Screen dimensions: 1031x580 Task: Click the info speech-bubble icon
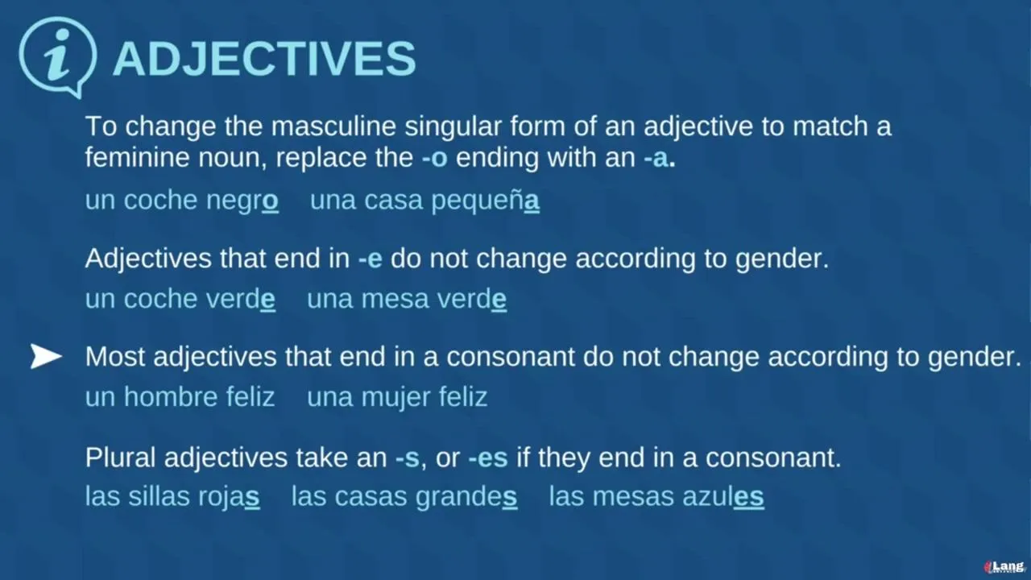point(58,56)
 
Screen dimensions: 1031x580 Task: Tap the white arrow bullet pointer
point(46,356)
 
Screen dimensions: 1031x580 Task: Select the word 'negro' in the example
point(242,201)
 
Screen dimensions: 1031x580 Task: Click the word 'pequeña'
point(485,201)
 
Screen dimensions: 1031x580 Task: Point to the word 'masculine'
point(333,126)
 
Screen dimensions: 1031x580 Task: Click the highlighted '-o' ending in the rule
point(434,159)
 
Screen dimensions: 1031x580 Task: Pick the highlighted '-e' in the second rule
point(370,259)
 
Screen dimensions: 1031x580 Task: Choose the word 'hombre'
point(170,397)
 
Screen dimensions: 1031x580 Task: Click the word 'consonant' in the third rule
point(511,357)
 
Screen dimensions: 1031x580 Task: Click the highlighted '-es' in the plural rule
point(488,458)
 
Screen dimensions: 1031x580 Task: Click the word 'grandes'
point(466,498)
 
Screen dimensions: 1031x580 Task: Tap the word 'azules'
point(723,497)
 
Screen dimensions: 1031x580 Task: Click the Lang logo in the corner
point(1004,567)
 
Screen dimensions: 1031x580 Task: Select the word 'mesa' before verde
point(395,300)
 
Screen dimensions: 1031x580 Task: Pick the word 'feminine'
point(138,157)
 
